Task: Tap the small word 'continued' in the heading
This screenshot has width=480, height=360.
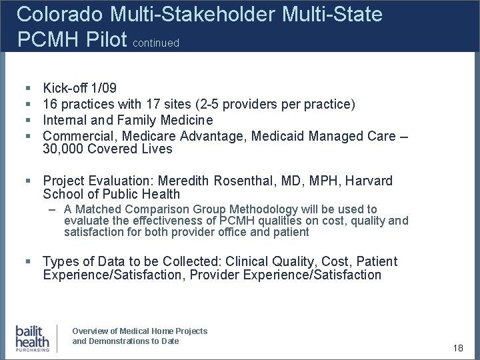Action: pyautogui.click(x=156, y=43)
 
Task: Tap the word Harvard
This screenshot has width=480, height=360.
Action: pyautogui.click(x=369, y=181)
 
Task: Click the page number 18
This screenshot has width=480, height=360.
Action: pyautogui.click(x=458, y=348)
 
